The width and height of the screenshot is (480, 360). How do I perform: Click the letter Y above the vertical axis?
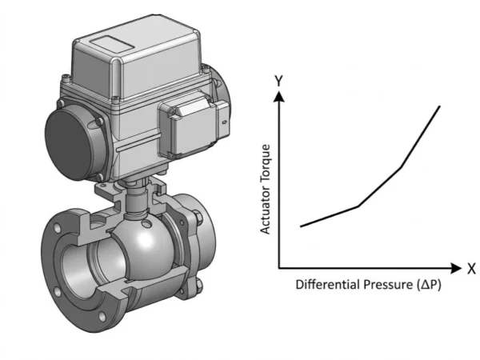pyautogui.click(x=278, y=80)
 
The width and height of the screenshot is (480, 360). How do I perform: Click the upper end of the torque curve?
pyautogui.click(x=439, y=106)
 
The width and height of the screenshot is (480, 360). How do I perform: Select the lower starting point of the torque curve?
pyautogui.click(x=301, y=226)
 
